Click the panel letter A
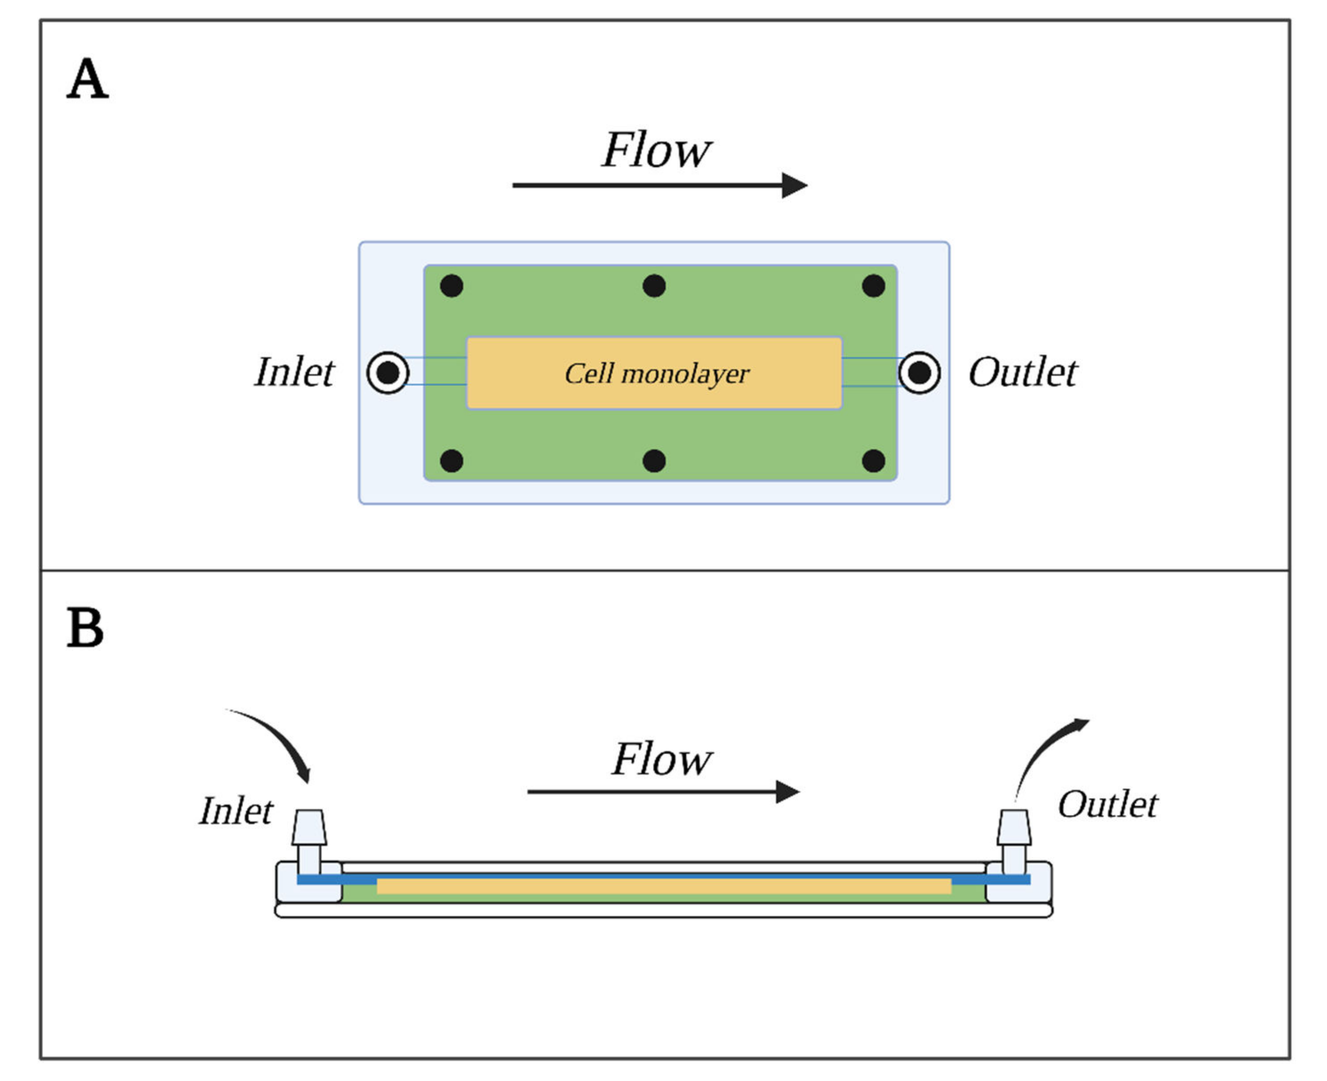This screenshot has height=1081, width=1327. pyautogui.click(x=87, y=79)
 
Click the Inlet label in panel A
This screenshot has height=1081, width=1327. pyautogui.click(x=294, y=372)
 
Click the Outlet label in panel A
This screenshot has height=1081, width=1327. pyautogui.click(x=1022, y=372)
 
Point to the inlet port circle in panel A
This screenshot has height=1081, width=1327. pyautogui.click(x=388, y=373)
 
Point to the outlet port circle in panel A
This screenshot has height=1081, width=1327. pyautogui.click(x=919, y=373)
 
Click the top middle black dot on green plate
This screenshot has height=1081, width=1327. pyautogui.click(x=654, y=286)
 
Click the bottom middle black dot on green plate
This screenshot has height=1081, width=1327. pyautogui.click(x=654, y=461)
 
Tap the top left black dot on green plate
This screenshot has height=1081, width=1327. pyautogui.click(x=451, y=286)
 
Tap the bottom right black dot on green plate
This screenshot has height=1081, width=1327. pyautogui.click(x=873, y=461)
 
